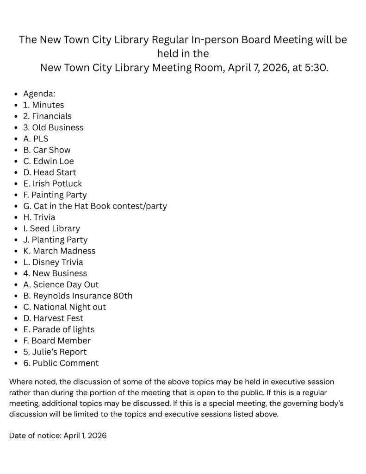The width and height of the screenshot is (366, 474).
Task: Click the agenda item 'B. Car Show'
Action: click(47, 150)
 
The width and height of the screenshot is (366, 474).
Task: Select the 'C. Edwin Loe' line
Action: click(48, 161)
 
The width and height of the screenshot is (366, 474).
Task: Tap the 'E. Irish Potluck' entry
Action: click(52, 183)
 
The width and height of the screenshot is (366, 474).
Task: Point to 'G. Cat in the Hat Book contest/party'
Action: click(95, 206)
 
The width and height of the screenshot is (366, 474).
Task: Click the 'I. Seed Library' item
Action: click(51, 228)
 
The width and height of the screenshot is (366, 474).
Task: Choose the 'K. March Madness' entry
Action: click(59, 251)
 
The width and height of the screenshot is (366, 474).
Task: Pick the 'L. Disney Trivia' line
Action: click(53, 262)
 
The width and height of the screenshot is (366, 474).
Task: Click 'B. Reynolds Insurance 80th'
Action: click(78, 296)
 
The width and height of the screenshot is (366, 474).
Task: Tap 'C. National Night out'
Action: click(64, 307)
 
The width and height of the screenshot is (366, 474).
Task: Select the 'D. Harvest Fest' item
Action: click(53, 318)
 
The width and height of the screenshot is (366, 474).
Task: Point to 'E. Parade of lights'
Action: click(59, 329)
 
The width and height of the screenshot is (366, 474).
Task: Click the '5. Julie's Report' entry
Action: click(55, 352)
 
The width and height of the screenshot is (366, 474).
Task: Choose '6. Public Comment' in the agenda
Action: click(61, 363)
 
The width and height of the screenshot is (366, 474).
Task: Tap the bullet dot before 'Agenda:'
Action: click(16, 94)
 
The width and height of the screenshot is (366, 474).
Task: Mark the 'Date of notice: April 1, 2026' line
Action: click(58, 436)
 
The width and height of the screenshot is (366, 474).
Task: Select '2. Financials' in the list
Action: click(47, 116)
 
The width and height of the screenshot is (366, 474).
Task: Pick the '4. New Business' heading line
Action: click(55, 273)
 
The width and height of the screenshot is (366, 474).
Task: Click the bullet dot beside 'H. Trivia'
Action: click(16, 217)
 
